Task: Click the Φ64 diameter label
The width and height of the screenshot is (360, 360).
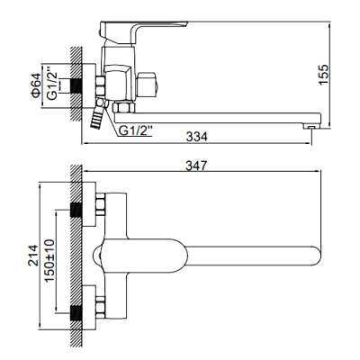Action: point(36,87)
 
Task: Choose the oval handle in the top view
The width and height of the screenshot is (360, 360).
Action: point(135,256)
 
